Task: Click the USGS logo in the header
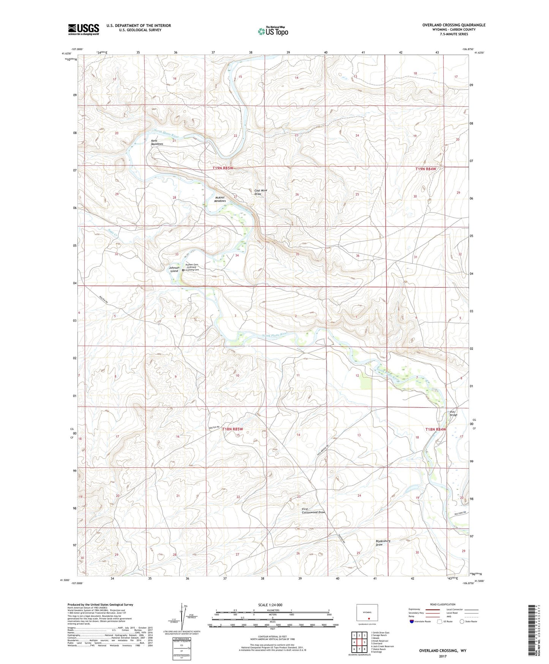(84, 29)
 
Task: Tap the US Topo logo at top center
(273, 31)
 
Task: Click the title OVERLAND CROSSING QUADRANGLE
(454, 25)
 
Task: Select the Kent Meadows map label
(157, 143)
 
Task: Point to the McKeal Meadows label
(220, 199)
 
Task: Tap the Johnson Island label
(174, 269)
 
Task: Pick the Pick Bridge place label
(454, 413)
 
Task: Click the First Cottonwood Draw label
(313, 510)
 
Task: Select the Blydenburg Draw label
(383, 543)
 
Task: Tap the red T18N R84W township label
(435, 429)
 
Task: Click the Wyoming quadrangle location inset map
(367, 613)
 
